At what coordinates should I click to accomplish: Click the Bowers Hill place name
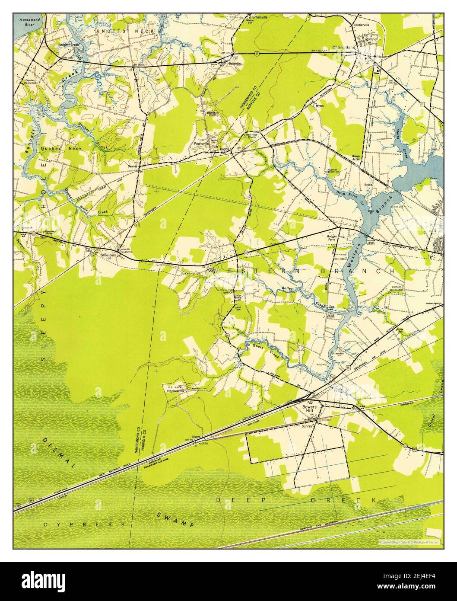pyautogui.click(x=310, y=407)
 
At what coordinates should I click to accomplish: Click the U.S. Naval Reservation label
pyautogui.click(x=173, y=388)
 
